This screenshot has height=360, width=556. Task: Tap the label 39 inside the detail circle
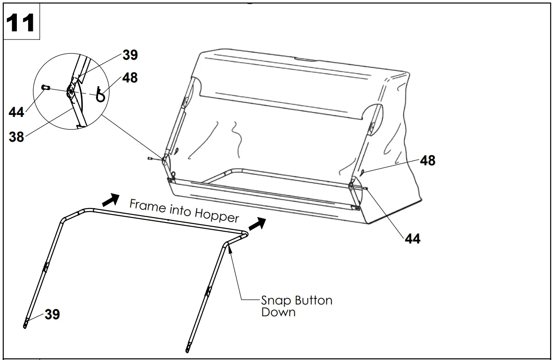[x=130, y=55]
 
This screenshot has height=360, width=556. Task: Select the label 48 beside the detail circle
[x=130, y=78]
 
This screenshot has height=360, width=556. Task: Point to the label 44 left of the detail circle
[x=16, y=113]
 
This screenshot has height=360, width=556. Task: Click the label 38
[x=16, y=137]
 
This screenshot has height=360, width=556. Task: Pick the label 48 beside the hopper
[x=427, y=160]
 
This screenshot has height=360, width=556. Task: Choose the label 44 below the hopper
[x=413, y=238]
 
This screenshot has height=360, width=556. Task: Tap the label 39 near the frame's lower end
[x=52, y=314]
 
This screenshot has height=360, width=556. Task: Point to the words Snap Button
[x=297, y=300]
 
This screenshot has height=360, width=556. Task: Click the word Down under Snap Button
[x=278, y=312]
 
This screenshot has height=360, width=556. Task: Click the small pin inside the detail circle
[x=46, y=88]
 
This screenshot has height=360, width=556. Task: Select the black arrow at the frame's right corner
[x=257, y=224]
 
